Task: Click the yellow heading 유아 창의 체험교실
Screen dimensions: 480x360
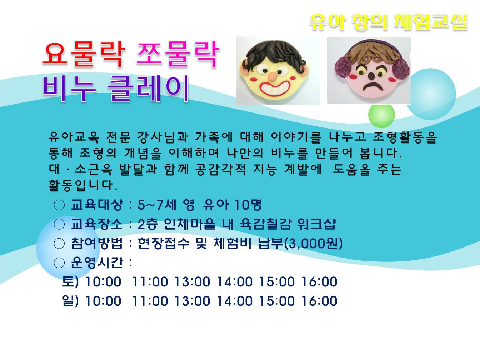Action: click(x=388, y=22)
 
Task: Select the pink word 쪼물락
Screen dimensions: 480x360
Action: click(x=178, y=54)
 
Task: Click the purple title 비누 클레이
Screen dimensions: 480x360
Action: click(x=116, y=89)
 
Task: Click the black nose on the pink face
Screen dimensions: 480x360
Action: click(x=371, y=76)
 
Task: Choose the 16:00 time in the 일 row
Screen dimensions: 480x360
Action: click(x=319, y=301)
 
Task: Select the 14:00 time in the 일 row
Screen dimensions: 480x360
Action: click(x=234, y=301)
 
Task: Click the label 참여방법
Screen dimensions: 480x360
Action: click(x=97, y=243)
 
